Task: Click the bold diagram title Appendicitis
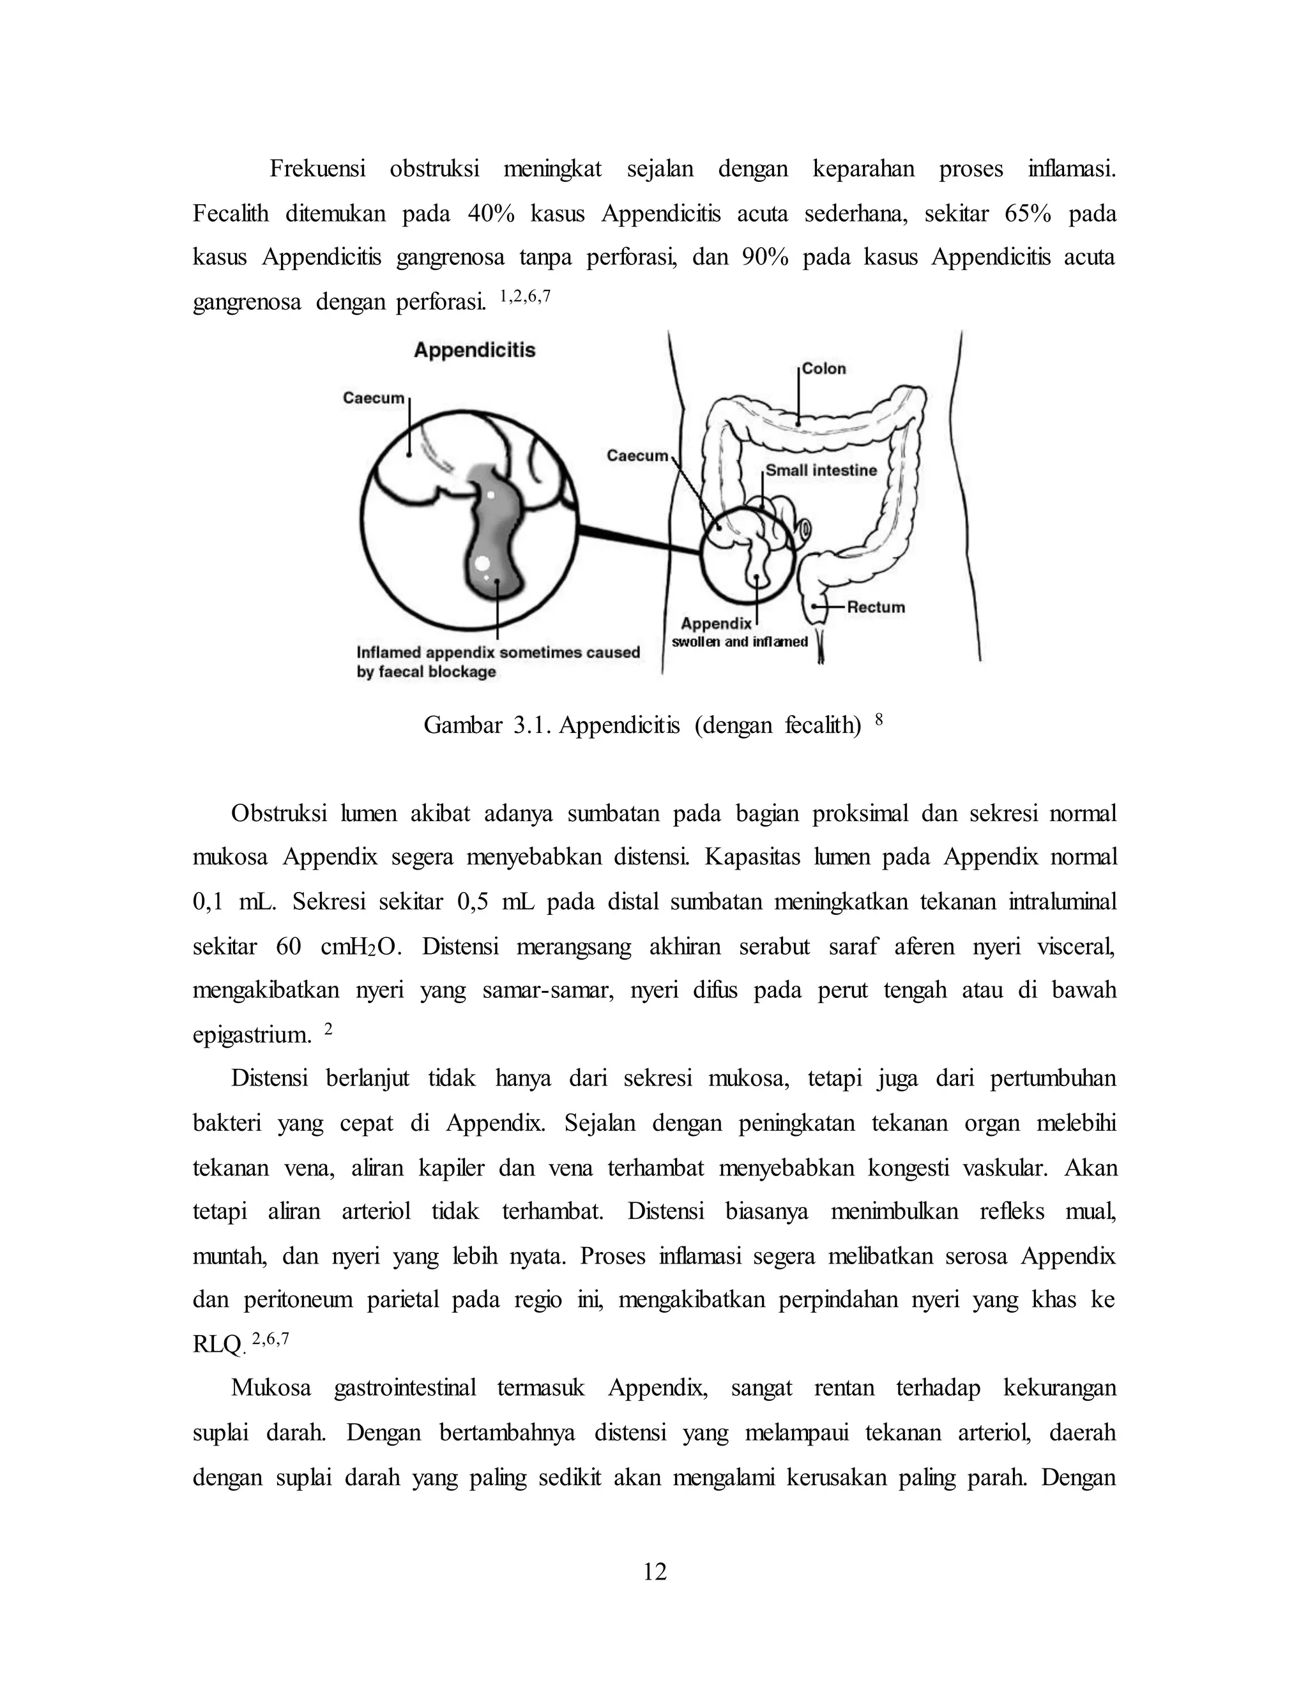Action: click(x=475, y=350)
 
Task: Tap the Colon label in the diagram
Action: click(x=824, y=369)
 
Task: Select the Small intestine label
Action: click(x=821, y=471)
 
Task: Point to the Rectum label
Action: click(x=876, y=607)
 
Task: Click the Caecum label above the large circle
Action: click(x=374, y=398)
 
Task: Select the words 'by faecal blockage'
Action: click(x=426, y=672)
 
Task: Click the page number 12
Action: click(x=655, y=1571)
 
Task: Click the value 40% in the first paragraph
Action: click(x=491, y=214)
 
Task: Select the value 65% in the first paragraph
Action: click(x=1028, y=214)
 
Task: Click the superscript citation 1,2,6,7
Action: click(x=526, y=296)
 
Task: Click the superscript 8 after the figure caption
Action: click(x=879, y=718)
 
